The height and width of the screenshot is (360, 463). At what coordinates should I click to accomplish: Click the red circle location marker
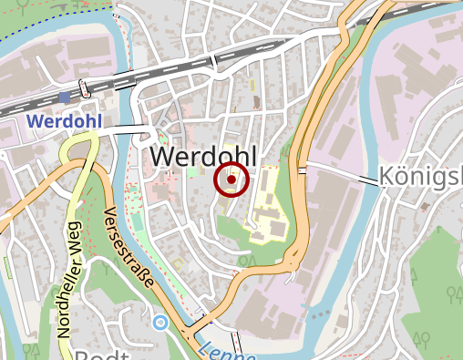coord(231,180)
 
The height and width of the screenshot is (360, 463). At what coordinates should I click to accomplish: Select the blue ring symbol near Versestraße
coord(160,322)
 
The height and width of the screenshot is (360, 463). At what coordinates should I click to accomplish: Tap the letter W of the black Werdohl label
coord(160,157)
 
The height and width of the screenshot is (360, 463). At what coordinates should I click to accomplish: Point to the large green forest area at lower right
coord(437,292)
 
